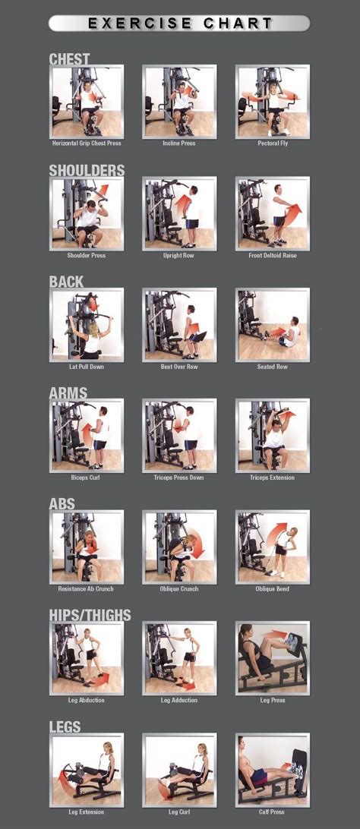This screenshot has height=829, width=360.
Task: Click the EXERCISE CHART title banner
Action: click(x=179, y=24)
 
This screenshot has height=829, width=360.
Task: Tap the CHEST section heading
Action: click(x=69, y=58)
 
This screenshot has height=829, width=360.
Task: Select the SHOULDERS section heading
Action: click(x=87, y=170)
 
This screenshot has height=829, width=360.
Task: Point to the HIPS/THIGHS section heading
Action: click(x=90, y=615)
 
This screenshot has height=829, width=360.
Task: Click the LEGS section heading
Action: click(x=65, y=727)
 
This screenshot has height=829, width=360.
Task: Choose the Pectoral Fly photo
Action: click(x=273, y=101)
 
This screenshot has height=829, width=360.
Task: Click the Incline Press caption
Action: click(x=179, y=143)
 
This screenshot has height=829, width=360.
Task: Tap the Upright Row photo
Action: click(x=179, y=213)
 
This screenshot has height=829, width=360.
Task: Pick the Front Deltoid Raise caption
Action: click(x=273, y=256)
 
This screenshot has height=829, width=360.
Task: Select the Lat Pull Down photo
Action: click(x=87, y=324)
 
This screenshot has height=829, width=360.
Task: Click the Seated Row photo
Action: click(x=273, y=324)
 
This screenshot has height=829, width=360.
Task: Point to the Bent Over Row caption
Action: click(x=179, y=367)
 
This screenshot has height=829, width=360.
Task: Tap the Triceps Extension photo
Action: click(x=273, y=436)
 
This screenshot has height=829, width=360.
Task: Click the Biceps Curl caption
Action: click(x=87, y=478)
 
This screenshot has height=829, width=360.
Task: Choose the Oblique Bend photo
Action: click(x=273, y=547)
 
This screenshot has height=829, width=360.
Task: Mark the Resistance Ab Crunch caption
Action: click(x=87, y=589)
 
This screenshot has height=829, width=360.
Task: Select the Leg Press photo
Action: click(x=273, y=657)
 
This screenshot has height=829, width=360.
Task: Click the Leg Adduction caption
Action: click(x=179, y=700)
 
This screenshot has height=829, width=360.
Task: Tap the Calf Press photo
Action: click(x=273, y=769)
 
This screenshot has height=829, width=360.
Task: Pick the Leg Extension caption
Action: click(x=87, y=812)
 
